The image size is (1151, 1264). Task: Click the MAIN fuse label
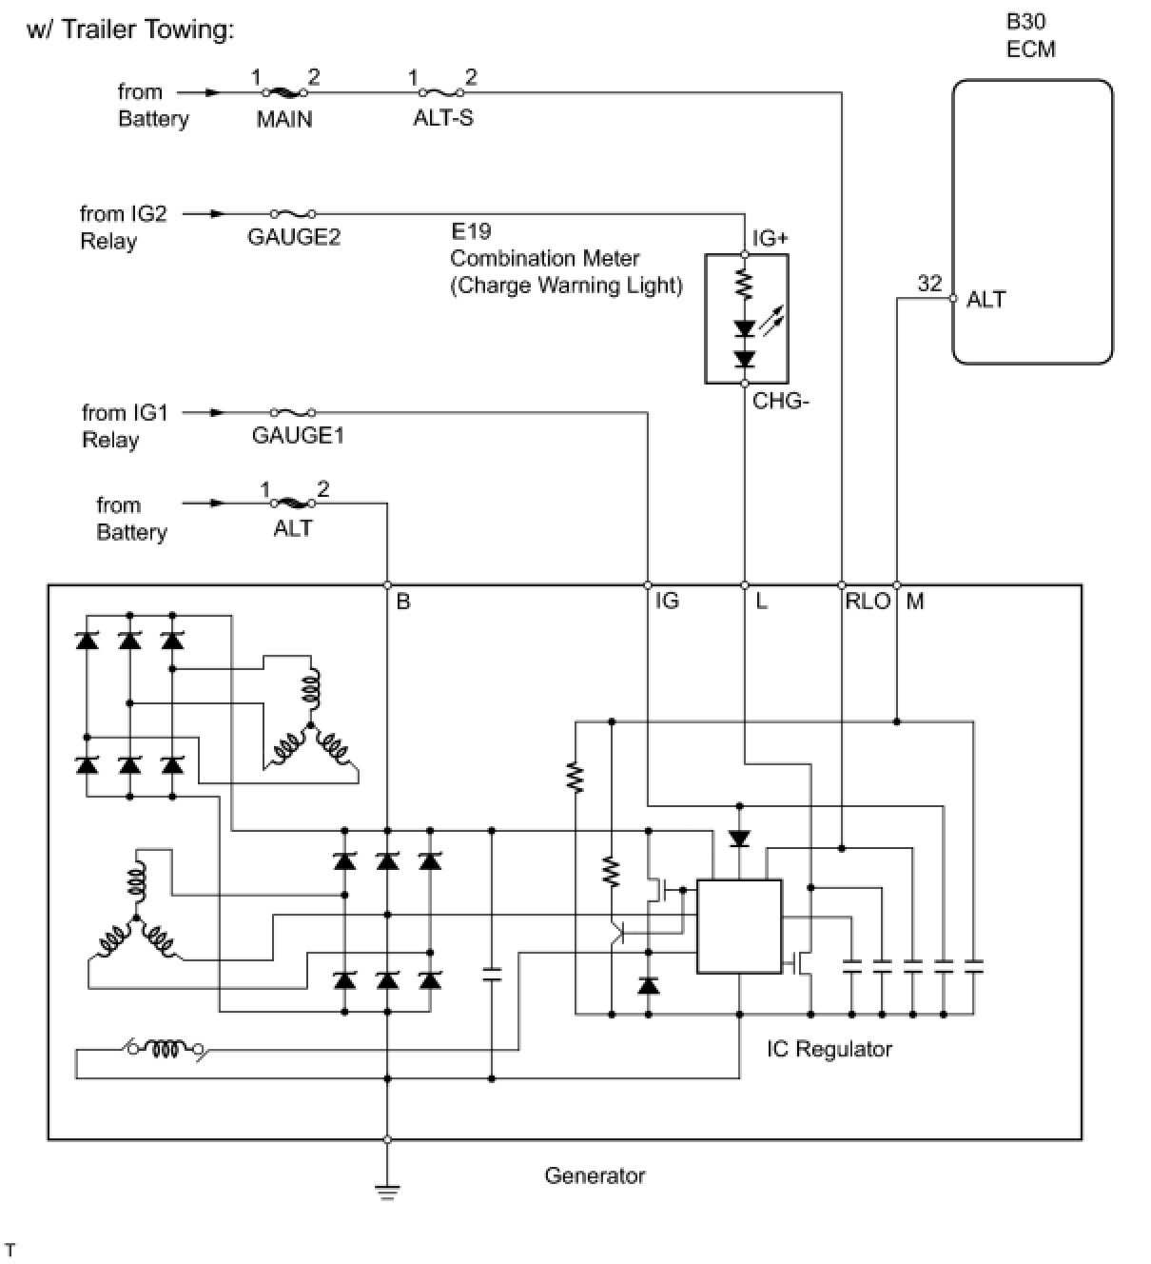point(284,118)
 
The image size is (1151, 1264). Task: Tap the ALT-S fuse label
point(443,117)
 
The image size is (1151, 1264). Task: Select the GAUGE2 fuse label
point(294,236)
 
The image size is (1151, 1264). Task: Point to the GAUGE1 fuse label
point(298,435)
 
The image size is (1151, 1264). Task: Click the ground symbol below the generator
point(387,1192)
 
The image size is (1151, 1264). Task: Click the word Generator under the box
point(595,1175)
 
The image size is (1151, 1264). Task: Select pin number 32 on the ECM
point(930,283)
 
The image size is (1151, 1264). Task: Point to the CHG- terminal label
point(781,401)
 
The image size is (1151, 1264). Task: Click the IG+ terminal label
point(770,238)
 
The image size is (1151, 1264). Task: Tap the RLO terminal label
point(868,602)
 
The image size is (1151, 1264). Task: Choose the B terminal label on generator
point(403,602)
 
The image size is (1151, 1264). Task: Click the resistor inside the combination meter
point(744,284)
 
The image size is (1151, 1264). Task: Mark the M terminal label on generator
point(915,602)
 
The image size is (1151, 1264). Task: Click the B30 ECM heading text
point(1031,35)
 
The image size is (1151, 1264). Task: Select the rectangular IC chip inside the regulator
point(739,926)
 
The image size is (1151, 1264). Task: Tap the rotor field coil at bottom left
point(166,1049)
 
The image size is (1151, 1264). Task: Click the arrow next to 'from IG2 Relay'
point(205,213)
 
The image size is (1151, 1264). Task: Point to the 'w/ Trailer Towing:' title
point(130,30)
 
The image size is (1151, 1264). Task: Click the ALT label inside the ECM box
point(985,299)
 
